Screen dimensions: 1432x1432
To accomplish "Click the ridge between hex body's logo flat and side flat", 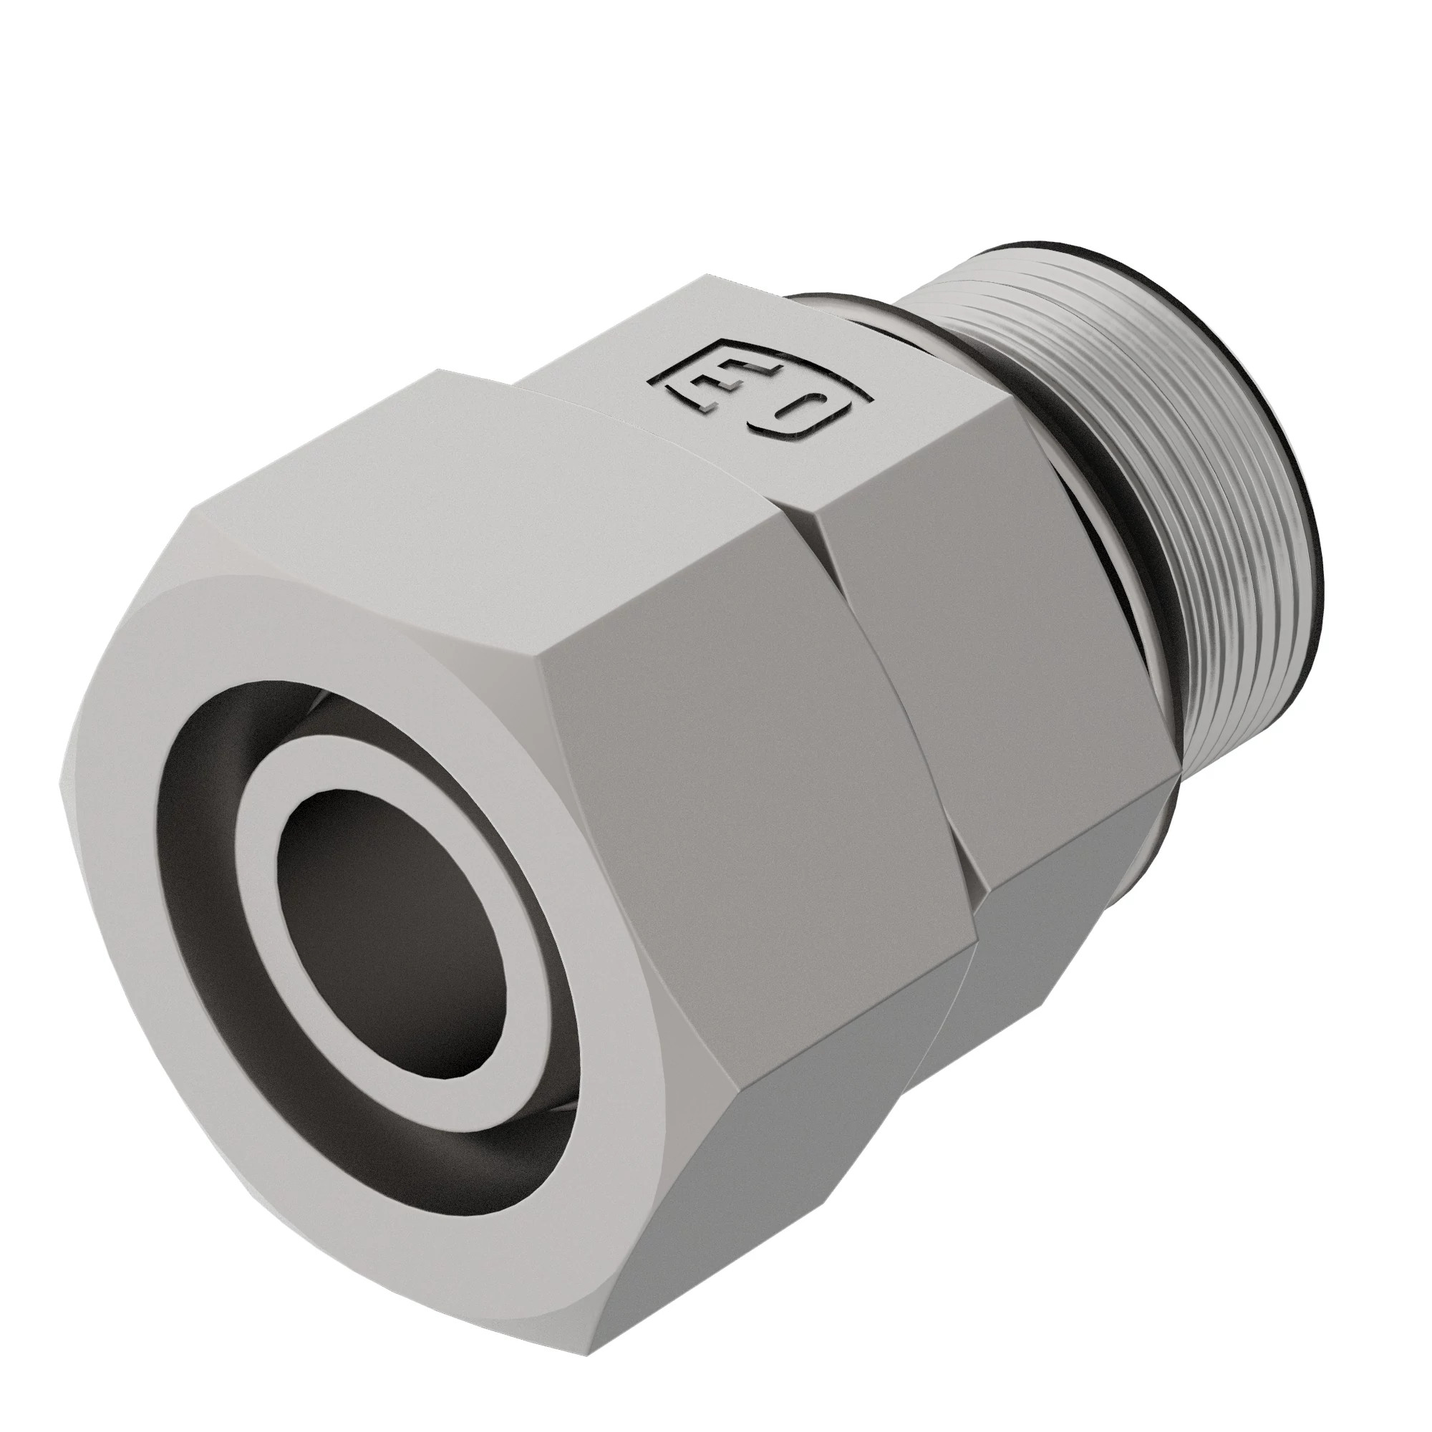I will click(911, 475).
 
